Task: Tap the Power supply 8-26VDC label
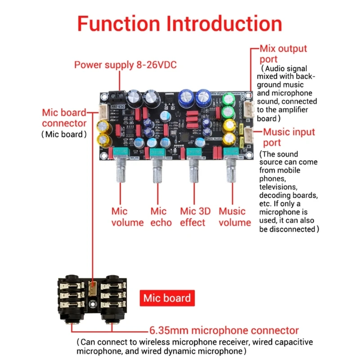coord(125,65)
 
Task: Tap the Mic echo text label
coord(161,216)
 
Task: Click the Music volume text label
coord(234,216)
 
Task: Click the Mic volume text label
coord(127,216)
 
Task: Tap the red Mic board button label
coord(167,298)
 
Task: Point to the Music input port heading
coord(289,137)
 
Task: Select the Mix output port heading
coord(283,54)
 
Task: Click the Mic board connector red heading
coord(64,117)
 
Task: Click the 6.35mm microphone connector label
coord(224,330)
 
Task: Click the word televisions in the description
coord(278,186)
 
